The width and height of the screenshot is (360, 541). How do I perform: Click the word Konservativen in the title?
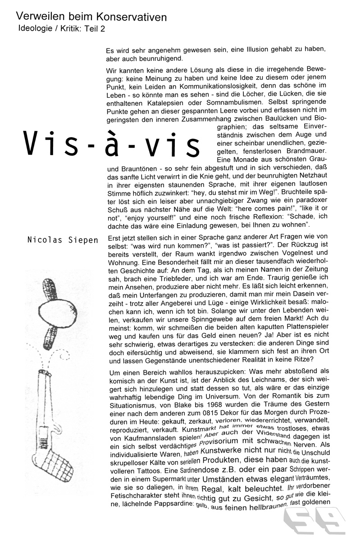131,18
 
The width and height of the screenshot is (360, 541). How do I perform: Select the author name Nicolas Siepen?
63,240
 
